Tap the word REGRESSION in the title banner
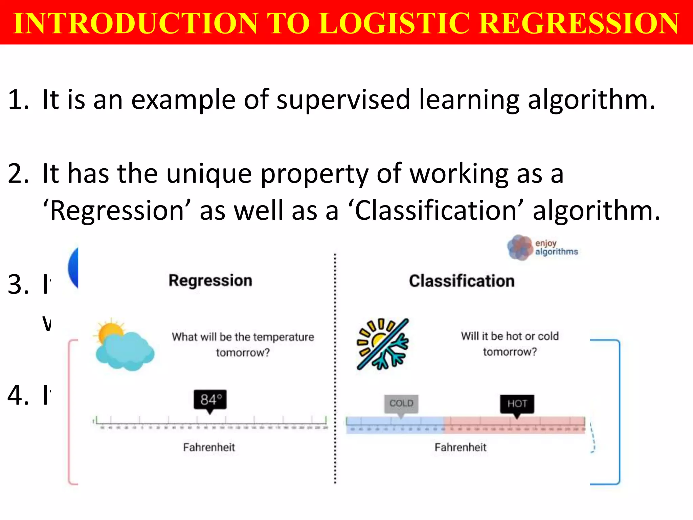coord(579,23)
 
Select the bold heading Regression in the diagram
coord(210,281)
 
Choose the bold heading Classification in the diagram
coord(462,281)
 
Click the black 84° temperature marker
coord(210,400)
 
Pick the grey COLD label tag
coord(401,404)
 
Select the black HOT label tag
coord(517,404)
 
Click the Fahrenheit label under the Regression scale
coord(209,448)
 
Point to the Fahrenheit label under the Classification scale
coord(460,448)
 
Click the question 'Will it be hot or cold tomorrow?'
coord(510,344)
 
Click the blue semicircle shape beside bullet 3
coord(73,267)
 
